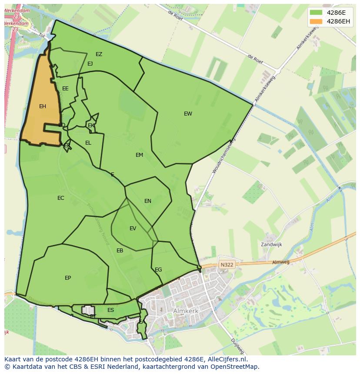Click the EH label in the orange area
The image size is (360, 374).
pos(42,106)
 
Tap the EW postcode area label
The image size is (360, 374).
pos(188,114)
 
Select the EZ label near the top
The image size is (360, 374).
pos(99,54)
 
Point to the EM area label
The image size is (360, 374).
pos(139,155)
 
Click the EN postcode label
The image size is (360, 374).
pos(148,201)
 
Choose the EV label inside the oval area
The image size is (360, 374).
pos(133,228)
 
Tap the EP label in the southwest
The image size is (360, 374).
pos(68,278)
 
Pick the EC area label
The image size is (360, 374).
pos(60,198)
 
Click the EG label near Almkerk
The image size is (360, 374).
pos(158,270)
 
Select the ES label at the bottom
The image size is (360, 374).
pos(110,310)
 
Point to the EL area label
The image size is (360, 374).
pos(88,143)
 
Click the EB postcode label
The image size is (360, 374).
pos(120,251)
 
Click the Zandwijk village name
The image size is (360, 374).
pos(271,245)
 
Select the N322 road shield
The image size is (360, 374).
pos(227,264)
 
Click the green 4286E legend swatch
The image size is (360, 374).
pos(316,13)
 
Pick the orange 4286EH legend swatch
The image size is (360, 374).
pos(316,21)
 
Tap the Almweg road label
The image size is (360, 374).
pos(280,262)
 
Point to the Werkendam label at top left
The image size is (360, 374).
pos(17,10)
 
